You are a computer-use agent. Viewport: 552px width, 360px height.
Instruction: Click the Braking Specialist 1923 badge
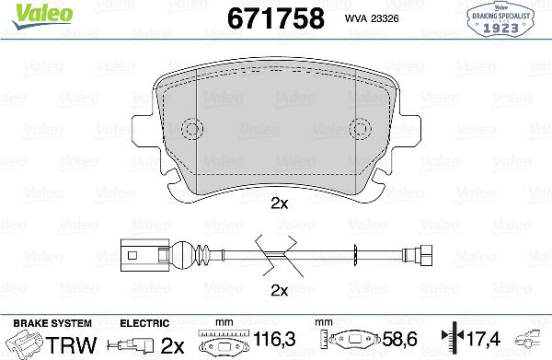pos(504,20)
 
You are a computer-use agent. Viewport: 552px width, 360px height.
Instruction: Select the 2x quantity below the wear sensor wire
pos(280,291)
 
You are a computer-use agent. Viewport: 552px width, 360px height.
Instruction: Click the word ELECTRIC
pos(144,323)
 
